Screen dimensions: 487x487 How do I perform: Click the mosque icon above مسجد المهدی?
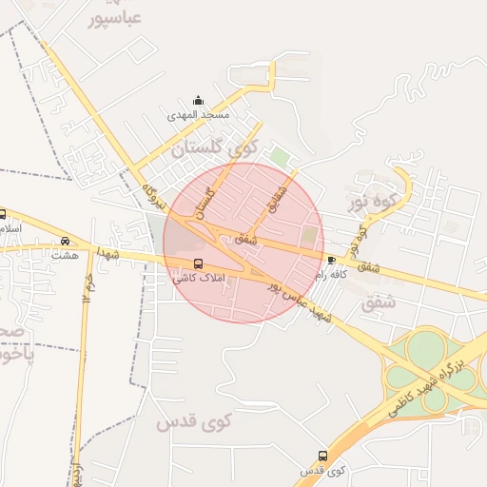point(198,101)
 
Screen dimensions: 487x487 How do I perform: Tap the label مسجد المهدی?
point(199,115)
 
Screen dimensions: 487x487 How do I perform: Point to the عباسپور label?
point(119,17)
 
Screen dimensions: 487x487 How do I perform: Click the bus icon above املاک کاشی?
point(198,263)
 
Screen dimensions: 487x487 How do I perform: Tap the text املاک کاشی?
point(197,279)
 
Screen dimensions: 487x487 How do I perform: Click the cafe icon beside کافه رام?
point(331,259)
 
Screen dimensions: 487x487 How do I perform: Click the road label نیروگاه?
point(154,195)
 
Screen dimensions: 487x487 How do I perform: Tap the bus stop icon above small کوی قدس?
point(322,456)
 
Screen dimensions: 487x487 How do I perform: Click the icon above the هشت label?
point(65,241)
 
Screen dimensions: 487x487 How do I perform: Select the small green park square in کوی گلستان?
point(279,156)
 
